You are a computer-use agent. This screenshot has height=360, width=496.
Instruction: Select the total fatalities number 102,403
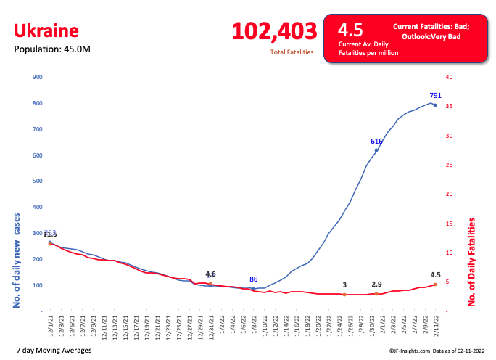[x=274, y=31]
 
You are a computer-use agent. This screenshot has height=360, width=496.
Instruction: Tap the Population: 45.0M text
[x=52, y=49]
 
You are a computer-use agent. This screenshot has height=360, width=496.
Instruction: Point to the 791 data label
[x=435, y=95]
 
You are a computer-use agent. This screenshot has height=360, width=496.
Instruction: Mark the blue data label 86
[x=253, y=279]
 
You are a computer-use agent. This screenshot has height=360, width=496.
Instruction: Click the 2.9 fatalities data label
[x=376, y=285]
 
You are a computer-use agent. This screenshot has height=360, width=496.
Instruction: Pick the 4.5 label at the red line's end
[x=435, y=275]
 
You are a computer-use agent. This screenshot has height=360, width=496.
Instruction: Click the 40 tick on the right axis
[x=449, y=77]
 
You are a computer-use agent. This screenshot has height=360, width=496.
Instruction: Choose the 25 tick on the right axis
[x=449, y=165]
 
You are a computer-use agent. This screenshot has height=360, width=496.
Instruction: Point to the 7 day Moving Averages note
[x=54, y=351]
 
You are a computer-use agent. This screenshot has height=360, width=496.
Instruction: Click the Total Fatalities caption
[x=292, y=52]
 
